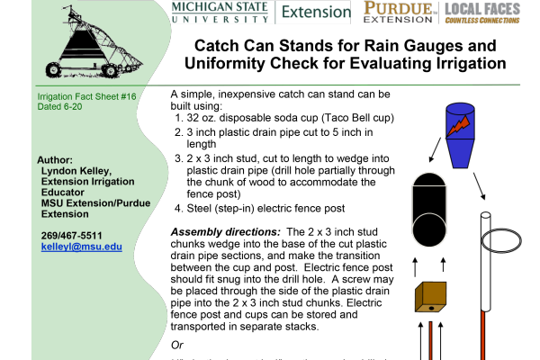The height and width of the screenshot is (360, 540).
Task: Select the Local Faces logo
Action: [x=481, y=12]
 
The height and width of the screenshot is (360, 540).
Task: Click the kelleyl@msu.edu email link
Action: [x=81, y=247]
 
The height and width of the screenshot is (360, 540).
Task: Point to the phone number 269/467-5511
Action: [x=71, y=236]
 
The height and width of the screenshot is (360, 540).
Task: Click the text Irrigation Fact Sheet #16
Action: [x=86, y=96]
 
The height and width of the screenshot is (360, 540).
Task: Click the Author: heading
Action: [x=54, y=159]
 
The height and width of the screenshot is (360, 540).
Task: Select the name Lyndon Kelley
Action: [x=76, y=170]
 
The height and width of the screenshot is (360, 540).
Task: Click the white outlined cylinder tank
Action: [x=428, y=209]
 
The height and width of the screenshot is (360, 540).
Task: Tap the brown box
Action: [x=430, y=296]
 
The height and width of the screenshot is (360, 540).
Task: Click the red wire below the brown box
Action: [x=430, y=340]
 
